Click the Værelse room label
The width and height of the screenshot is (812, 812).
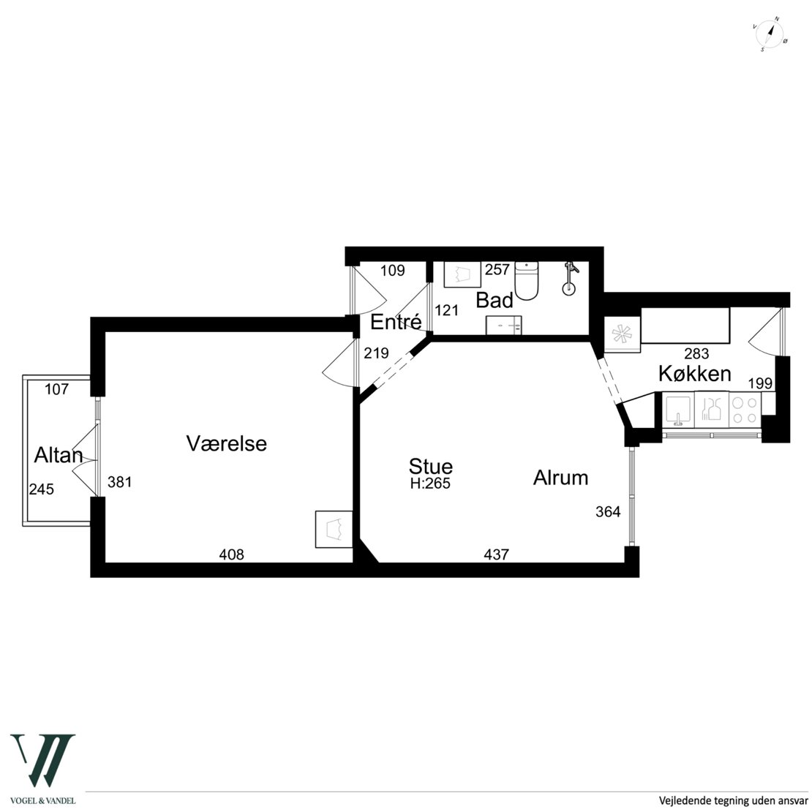[x=226, y=443]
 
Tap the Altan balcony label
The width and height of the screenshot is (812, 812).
[x=59, y=455]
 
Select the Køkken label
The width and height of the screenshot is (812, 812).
[x=695, y=373]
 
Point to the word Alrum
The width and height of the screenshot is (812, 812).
[x=561, y=478]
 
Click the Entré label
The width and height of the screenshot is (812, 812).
[x=396, y=322]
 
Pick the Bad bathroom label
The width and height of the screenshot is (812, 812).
[x=495, y=301]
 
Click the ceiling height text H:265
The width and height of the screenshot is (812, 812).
[x=430, y=484]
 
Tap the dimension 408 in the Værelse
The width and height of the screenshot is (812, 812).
[x=231, y=555]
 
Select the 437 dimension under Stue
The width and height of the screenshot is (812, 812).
[x=496, y=555]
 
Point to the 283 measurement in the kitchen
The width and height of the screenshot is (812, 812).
[x=696, y=354]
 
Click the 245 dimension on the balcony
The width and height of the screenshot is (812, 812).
[x=42, y=489]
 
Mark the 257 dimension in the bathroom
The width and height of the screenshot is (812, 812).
[x=497, y=269]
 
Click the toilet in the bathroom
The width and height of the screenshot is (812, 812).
[x=527, y=281]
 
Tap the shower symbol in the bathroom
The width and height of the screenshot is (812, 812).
[x=569, y=279]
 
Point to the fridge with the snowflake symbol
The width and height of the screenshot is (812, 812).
[x=622, y=334]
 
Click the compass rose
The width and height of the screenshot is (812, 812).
[x=770, y=34]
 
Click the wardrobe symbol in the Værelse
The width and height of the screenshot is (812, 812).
[x=334, y=529]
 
